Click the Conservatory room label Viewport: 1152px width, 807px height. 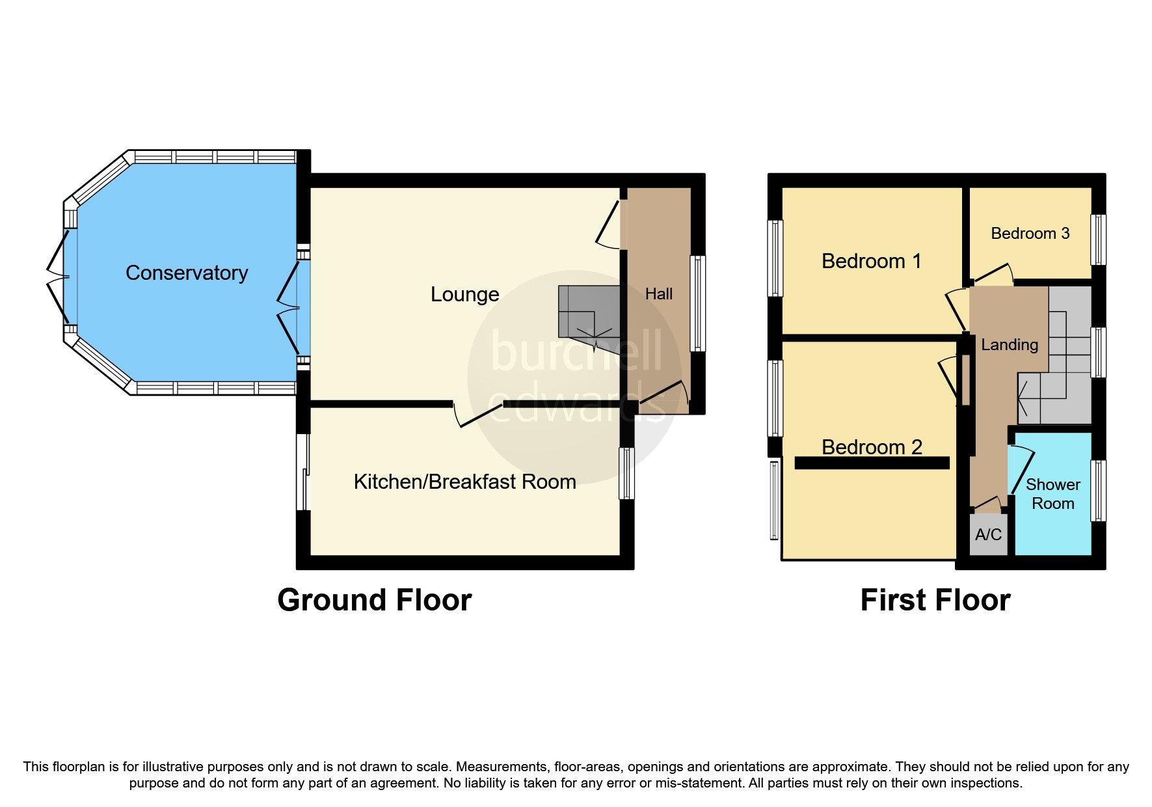(x=187, y=273)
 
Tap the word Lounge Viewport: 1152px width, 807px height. (x=464, y=294)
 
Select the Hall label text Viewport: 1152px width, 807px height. (x=658, y=294)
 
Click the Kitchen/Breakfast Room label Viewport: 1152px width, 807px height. (x=464, y=482)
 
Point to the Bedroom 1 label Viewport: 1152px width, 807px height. (x=871, y=261)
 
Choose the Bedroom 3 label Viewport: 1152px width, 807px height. (x=1030, y=234)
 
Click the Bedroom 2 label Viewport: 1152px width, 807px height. (x=871, y=446)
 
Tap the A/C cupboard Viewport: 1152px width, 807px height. (x=988, y=535)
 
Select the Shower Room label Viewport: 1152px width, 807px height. (x=1052, y=494)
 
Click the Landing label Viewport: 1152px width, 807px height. (x=1009, y=345)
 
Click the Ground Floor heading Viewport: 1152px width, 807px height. (x=374, y=600)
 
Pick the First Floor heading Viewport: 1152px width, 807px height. (x=935, y=600)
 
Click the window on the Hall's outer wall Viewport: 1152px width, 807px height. (x=697, y=303)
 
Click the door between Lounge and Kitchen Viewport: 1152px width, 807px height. (x=478, y=415)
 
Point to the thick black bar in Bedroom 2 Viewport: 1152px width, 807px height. (x=872, y=463)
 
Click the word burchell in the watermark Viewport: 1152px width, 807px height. (x=576, y=351)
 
